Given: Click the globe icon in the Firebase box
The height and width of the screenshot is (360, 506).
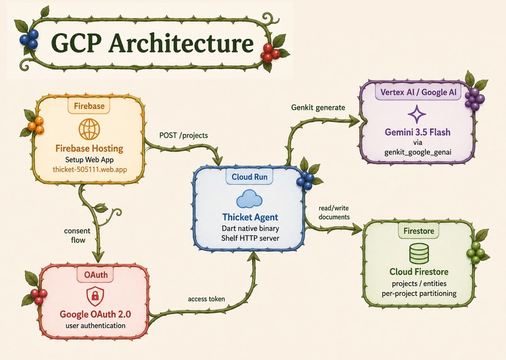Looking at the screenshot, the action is pyautogui.click(x=89, y=129).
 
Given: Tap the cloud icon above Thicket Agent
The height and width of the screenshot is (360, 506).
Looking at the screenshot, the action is pyautogui.click(x=249, y=199).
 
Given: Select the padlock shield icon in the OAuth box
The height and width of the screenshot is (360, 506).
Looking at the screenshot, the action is pyautogui.click(x=95, y=296).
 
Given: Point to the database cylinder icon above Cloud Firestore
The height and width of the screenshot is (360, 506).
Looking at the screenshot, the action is pyautogui.click(x=419, y=253).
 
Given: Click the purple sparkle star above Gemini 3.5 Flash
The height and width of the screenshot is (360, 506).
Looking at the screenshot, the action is pyautogui.click(x=417, y=114).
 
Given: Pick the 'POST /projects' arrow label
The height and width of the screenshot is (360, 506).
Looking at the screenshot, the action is pyautogui.click(x=184, y=135).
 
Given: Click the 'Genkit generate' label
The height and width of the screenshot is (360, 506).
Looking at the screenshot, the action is pyautogui.click(x=318, y=107).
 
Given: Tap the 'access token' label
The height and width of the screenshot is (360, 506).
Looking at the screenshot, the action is pyautogui.click(x=206, y=299).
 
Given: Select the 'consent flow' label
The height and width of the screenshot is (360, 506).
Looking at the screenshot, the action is pyautogui.click(x=77, y=235).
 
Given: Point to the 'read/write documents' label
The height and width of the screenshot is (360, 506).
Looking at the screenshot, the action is pyautogui.click(x=334, y=212).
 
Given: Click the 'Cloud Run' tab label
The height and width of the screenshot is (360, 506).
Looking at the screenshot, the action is pyautogui.click(x=250, y=177).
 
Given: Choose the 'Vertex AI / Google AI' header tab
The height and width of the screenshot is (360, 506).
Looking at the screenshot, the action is pyautogui.click(x=418, y=92).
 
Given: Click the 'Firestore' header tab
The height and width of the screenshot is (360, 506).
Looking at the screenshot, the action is pyautogui.click(x=419, y=231).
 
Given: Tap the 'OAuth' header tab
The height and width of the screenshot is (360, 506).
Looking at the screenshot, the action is pyautogui.click(x=96, y=275).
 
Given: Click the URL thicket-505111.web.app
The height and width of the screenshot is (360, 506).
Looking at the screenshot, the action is pyautogui.click(x=90, y=170).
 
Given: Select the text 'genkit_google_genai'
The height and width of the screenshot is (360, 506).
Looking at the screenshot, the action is pyautogui.click(x=417, y=152).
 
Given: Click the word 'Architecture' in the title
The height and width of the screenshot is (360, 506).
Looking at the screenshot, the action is pyautogui.click(x=181, y=43).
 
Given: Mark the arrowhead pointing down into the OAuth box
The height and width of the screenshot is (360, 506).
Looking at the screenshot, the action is pyautogui.click(x=98, y=256).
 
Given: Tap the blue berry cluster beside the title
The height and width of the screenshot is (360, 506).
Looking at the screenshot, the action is pyautogui.click(x=29, y=39).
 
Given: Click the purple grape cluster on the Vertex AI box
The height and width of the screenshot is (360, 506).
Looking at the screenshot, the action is pyautogui.click(x=475, y=99).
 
